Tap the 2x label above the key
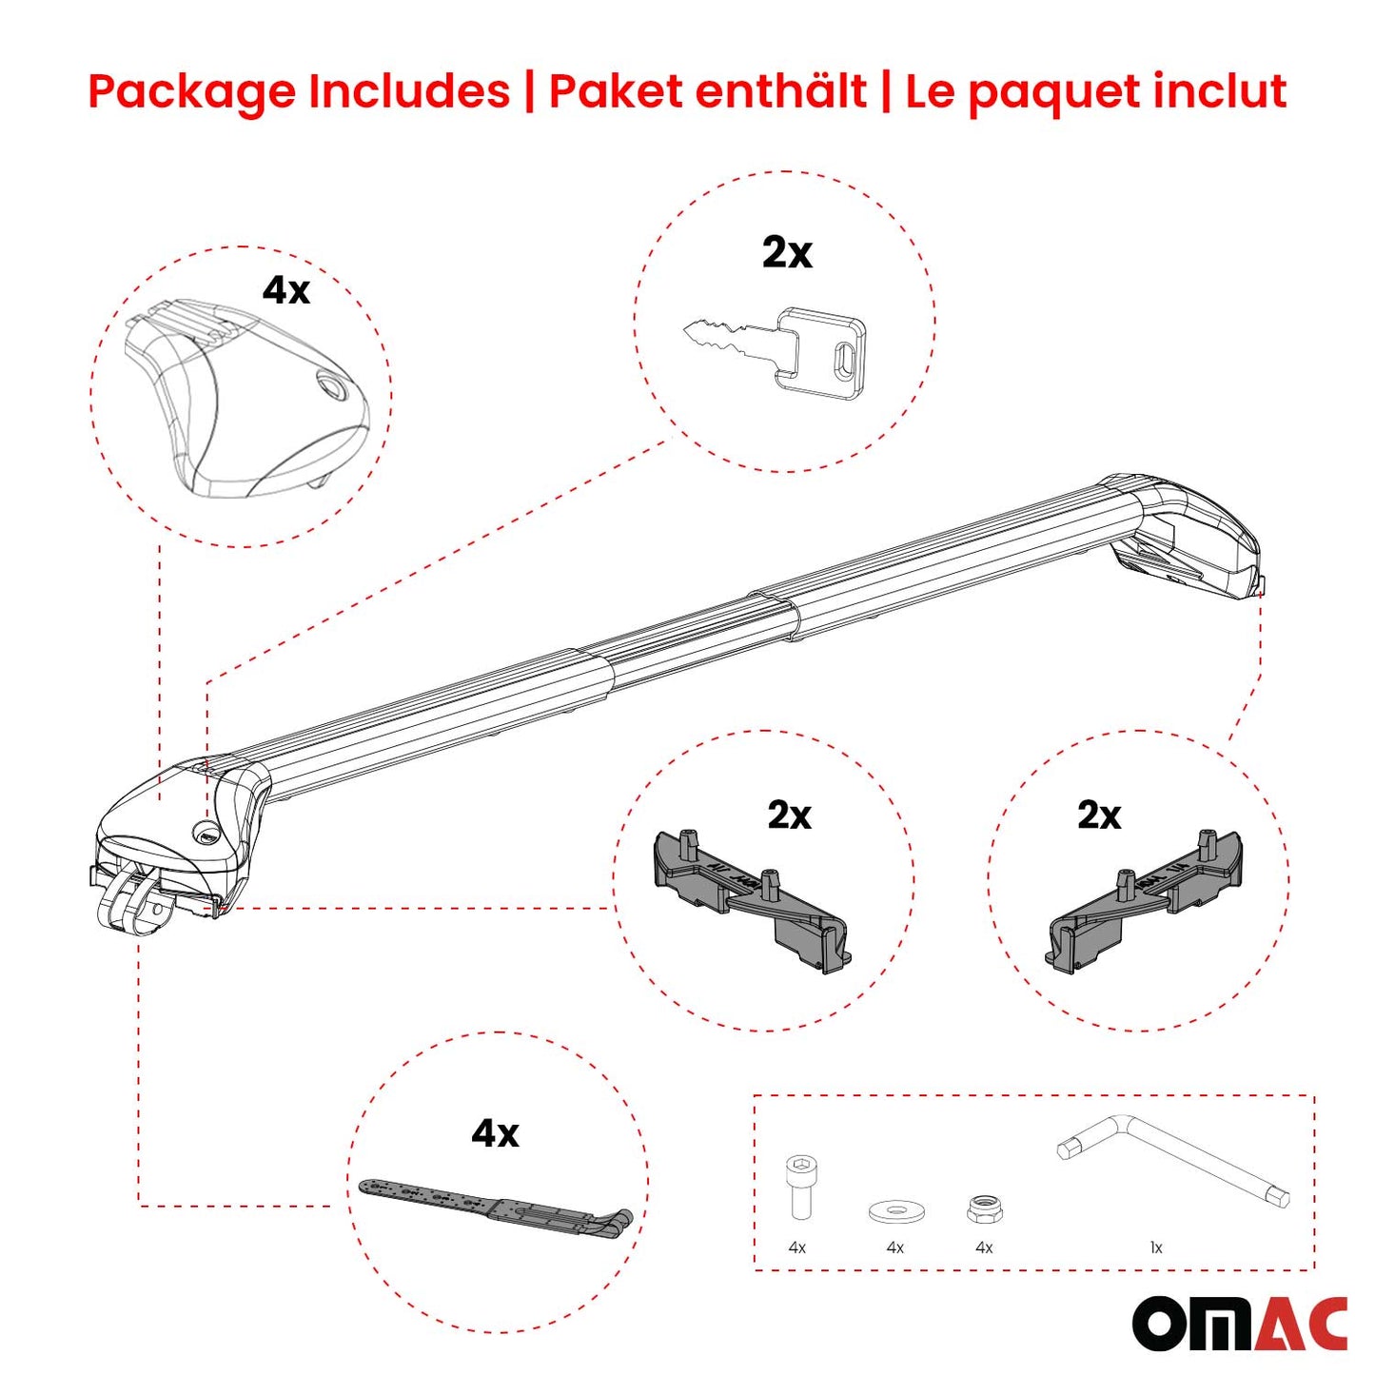[x=787, y=253]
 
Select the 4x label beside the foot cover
[x=286, y=290]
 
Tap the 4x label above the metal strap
[x=495, y=1133]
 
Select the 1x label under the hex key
[x=1156, y=1247]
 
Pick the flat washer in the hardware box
[x=896, y=1211]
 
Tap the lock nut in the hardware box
[x=984, y=1209]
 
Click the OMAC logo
[x=1239, y=1323]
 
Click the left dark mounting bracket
[x=751, y=899]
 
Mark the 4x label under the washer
[x=894, y=1247]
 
